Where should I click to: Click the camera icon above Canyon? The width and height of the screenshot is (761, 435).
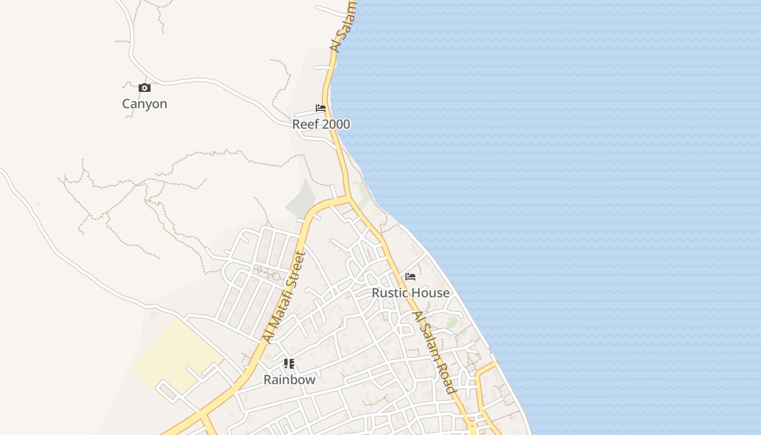(144, 88)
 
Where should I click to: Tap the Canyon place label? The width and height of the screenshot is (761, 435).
(145, 104)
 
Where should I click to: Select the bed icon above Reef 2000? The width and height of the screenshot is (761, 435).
(321, 108)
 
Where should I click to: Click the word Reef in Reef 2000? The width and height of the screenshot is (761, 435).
(304, 125)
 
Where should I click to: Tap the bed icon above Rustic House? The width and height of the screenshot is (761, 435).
(410, 277)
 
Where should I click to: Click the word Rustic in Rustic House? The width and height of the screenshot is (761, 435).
(389, 293)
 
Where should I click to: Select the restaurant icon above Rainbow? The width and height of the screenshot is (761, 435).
(289, 364)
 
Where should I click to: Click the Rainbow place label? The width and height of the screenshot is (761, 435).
(289, 380)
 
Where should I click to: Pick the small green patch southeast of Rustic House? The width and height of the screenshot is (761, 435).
(452, 322)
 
